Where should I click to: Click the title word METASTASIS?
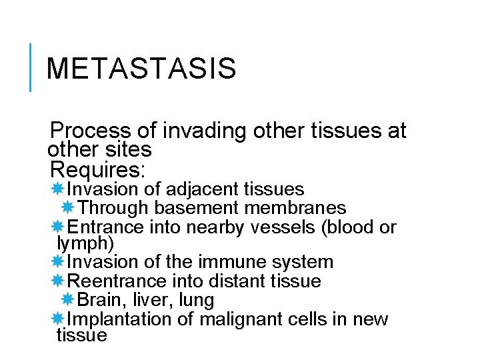pos(141,69)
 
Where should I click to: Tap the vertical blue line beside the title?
pos(31,67)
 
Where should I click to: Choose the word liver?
pos(147,300)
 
